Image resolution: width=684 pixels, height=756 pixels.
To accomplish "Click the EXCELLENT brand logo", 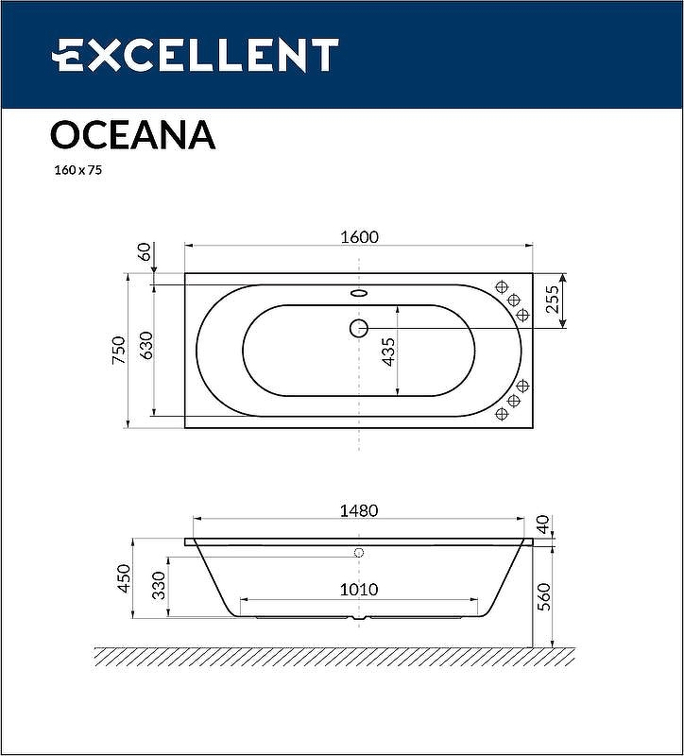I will coord(194,55).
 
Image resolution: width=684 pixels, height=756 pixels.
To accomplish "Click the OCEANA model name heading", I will coord(132,135).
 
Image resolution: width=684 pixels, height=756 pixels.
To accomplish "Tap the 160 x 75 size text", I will coord(77,171).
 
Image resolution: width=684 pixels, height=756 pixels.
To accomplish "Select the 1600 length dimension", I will coord(359,237).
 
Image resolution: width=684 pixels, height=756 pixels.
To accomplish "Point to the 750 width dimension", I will coord(118,350).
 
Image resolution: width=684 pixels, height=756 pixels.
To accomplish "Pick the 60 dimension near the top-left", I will coord(145,251).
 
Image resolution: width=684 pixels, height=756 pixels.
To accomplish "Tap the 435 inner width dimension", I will coord(387,351).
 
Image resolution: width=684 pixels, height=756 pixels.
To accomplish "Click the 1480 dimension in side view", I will coord(359,510).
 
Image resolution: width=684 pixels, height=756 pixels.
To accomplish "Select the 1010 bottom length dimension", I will coord(359,590).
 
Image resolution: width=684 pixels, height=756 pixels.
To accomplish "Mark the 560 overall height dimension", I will coord(542,595).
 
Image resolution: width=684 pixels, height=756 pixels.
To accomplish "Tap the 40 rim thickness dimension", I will coord(542,523).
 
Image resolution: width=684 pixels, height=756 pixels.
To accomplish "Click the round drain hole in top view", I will coord(359,328).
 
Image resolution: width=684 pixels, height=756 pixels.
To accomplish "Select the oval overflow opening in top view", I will coord(359,293).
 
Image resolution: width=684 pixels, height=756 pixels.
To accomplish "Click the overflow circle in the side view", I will coord(359,552).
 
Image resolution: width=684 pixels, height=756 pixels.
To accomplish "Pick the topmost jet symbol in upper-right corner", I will coord(502,286).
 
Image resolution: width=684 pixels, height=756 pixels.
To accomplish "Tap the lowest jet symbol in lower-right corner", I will coord(502,414).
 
